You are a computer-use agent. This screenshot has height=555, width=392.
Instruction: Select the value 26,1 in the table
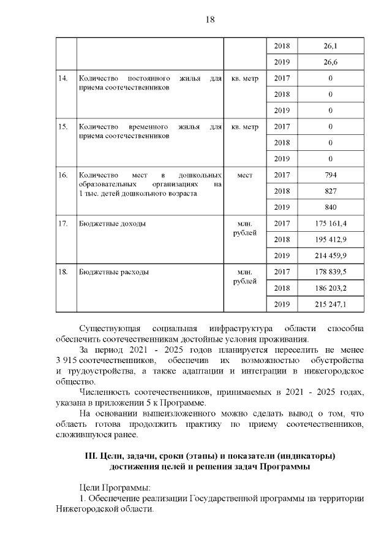[x=330, y=46]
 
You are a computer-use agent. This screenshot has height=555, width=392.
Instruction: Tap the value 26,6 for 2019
[x=330, y=62]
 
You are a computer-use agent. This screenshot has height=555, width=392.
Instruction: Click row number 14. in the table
[x=62, y=78]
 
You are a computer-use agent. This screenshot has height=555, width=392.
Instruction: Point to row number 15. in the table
[x=62, y=127]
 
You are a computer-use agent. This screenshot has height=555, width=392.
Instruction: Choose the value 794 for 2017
[x=330, y=175]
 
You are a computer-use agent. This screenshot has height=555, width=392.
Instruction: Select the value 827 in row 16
[x=330, y=191]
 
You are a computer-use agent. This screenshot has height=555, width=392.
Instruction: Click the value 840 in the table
[x=330, y=207]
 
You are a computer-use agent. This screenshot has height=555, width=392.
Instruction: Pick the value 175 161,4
[x=330, y=223]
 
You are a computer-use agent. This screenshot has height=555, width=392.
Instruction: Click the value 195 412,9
[x=330, y=239]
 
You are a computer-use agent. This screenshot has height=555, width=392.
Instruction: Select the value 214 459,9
[x=330, y=256]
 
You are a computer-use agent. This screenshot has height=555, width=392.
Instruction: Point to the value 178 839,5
[x=330, y=272]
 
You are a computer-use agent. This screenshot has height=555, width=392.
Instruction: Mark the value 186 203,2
[x=330, y=288]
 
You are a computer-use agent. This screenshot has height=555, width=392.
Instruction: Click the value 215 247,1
[x=330, y=304]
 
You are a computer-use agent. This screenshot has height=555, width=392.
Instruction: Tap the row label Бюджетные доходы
[x=113, y=224]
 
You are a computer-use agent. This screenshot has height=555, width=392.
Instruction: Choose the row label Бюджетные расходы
[x=114, y=272]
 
